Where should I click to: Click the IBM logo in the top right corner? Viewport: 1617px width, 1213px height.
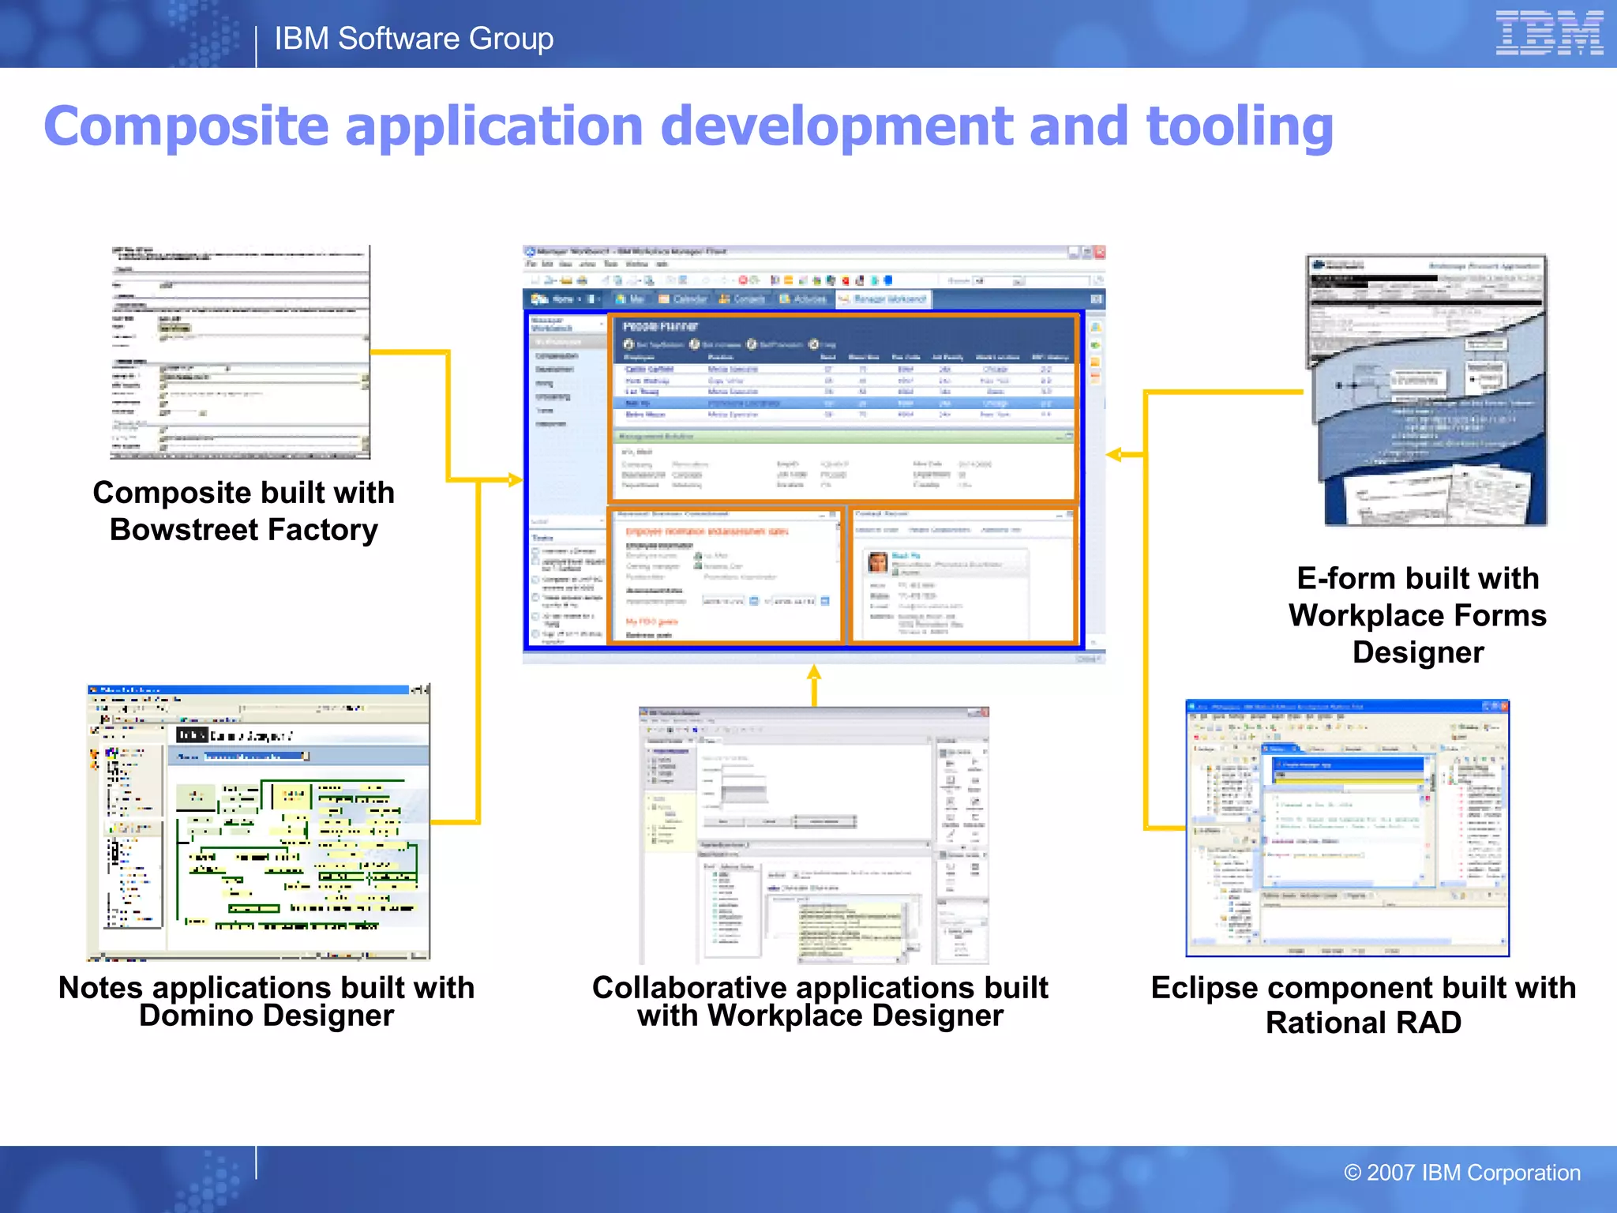(x=1548, y=33)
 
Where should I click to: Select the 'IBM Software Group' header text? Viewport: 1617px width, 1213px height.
(x=414, y=39)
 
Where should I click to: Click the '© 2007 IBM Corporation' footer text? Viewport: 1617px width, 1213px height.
(x=1461, y=1172)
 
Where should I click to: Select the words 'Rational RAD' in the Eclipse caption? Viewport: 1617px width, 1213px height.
(x=1363, y=1023)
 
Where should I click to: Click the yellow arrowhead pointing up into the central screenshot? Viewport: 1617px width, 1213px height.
(x=814, y=672)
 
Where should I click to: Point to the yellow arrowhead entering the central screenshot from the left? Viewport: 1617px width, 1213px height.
(x=516, y=479)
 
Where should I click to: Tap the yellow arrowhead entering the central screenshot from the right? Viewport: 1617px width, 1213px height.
(x=1114, y=454)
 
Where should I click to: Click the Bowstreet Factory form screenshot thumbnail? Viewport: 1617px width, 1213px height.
(x=240, y=352)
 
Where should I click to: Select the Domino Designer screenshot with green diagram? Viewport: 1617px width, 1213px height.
(x=259, y=822)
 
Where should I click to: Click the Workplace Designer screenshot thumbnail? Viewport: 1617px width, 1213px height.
(x=814, y=836)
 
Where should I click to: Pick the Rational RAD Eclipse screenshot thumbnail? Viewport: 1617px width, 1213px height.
(x=1347, y=828)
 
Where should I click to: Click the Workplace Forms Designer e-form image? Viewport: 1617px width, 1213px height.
(x=1427, y=390)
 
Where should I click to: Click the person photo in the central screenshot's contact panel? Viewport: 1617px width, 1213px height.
(x=877, y=562)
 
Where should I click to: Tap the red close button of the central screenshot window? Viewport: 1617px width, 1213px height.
(x=1100, y=253)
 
